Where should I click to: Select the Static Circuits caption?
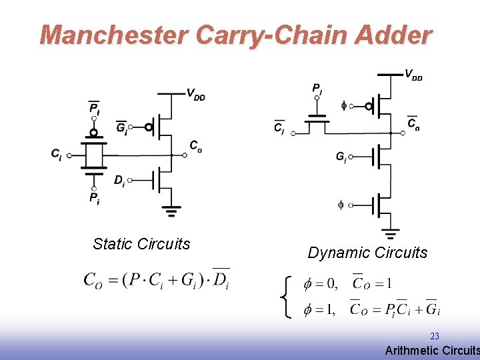coord(141,244)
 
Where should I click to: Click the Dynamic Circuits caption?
coord(367,253)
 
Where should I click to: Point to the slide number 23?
coord(435,337)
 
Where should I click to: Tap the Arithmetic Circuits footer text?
coord(432,351)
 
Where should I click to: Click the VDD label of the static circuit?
coord(195,95)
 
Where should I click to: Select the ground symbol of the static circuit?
coord(172,212)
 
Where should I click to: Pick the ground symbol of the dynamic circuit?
coord(391,234)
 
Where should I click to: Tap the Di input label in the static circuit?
coord(119,180)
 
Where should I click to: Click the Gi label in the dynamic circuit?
coord(341,157)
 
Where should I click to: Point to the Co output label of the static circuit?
coord(195,147)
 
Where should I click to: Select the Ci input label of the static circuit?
coord(57,154)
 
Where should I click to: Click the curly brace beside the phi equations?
coord(287,297)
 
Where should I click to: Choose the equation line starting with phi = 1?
coord(371,309)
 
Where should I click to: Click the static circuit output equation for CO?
coord(157,279)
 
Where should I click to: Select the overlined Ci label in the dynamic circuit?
coord(279,127)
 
